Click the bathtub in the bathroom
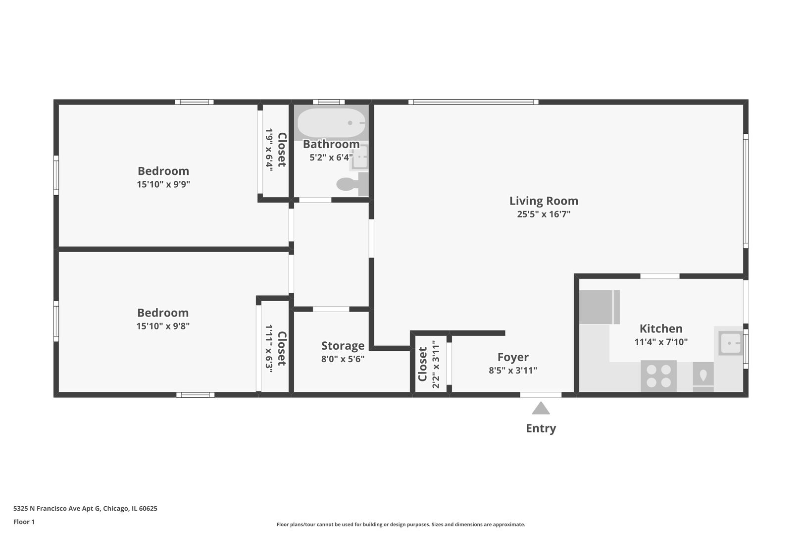(331, 123)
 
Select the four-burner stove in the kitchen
(658, 376)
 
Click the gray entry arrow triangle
(541, 409)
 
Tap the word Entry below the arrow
(541, 428)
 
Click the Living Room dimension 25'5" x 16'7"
(544, 214)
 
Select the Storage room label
(343, 346)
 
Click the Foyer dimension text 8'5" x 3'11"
(513, 371)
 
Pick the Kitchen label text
(660, 328)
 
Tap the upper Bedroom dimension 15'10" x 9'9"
(163, 184)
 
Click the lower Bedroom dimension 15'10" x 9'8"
(163, 326)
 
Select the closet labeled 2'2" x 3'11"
(429, 364)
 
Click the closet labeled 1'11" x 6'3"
(275, 349)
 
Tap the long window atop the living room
(473, 102)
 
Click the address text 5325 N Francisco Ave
(85, 508)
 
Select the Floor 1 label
(24, 522)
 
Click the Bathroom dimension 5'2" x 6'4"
(331, 158)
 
